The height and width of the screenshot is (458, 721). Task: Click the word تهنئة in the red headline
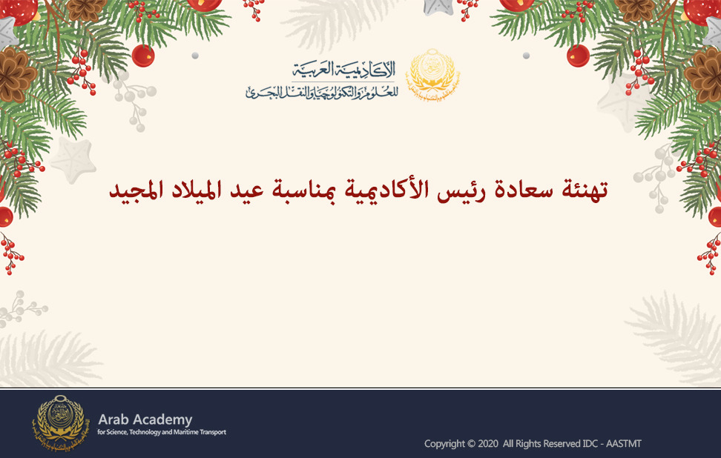pos(585,190)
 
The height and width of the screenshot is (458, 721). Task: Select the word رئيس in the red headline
pos(461,190)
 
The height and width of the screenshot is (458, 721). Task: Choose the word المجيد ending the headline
pos(136,190)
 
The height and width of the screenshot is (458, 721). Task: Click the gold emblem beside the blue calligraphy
pos(432,75)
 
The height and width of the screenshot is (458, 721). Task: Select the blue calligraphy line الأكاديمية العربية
pos(343,70)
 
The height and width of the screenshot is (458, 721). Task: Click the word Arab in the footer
pos(113,419)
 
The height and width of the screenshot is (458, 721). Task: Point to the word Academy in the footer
pos(162,420)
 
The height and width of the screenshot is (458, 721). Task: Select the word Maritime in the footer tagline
pos(186,432)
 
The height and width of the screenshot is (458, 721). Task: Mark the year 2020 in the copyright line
pos(488,444)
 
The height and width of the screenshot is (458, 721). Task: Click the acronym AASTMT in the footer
pos(624,444)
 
